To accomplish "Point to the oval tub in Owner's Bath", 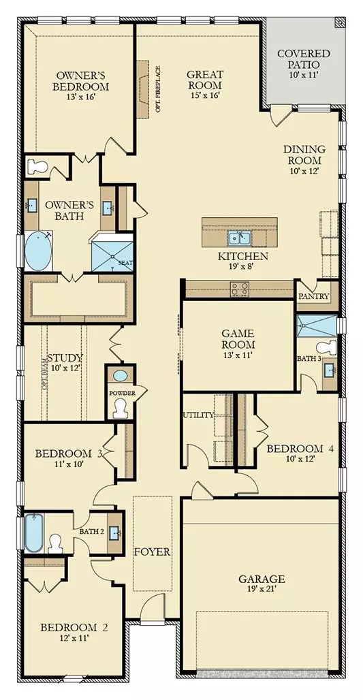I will (37, 252).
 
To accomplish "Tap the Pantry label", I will (314, 297).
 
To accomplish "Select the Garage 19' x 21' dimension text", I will (261, 590).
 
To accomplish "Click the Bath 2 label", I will (91, 531).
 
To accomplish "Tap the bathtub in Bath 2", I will (33, 532).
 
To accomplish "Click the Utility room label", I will (198, 415).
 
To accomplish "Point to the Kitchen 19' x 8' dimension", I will (242, 268).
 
